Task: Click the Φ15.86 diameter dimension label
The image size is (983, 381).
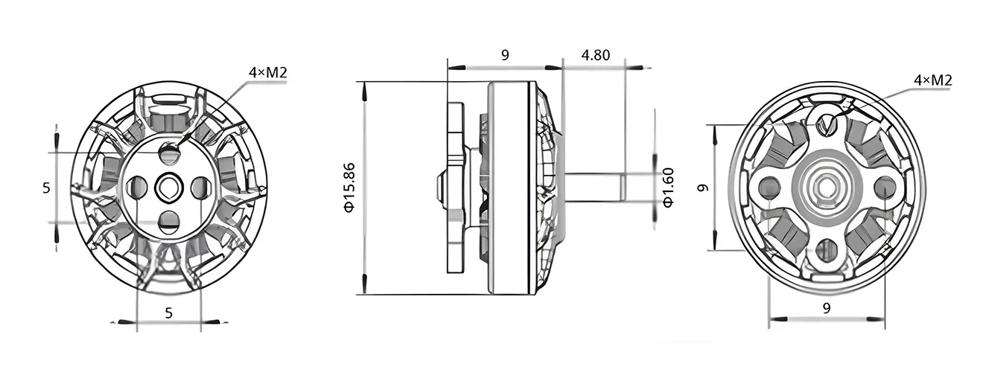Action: (x=350, y=188)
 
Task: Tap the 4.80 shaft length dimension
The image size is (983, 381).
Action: (x=596, y=55)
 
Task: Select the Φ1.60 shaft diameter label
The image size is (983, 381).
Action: (x=667, y=188)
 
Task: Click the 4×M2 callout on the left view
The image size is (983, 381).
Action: (x=267, y=72)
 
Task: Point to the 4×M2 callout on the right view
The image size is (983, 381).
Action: (x=932, y=80)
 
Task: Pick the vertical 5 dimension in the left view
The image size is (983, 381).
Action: (x=46, y=188)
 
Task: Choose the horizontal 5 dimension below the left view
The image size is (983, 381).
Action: (x=168, y=313)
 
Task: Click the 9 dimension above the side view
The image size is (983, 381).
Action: (x=505, y=55)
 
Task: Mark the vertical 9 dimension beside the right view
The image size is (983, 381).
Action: (x=703, y=188)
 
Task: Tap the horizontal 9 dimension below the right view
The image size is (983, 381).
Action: (x=827, y=308)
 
